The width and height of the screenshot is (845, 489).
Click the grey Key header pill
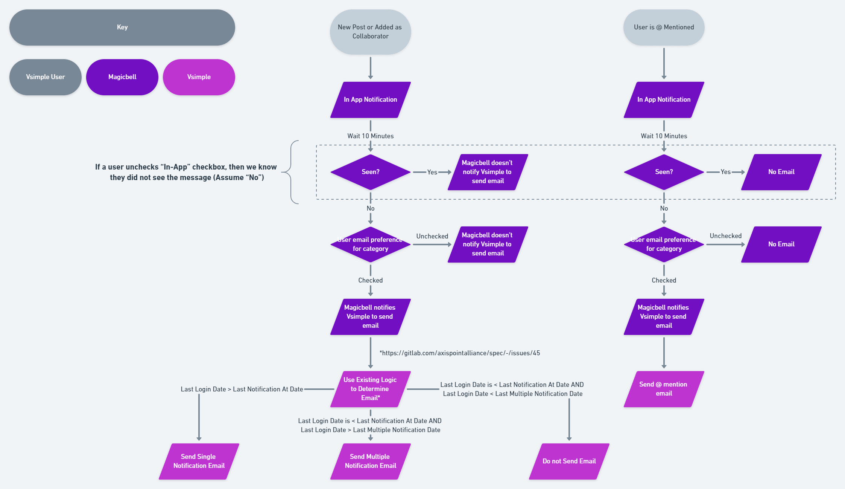click(122, 28)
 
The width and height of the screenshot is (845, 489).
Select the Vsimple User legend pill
click(45, 77)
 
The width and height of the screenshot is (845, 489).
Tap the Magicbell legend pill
click(122, 77)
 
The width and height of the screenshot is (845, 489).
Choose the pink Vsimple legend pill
click(199, 77)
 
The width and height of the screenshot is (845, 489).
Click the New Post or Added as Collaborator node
click(370, 32)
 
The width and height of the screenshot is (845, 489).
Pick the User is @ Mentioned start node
click(664, 28)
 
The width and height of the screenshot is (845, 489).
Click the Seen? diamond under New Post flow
click(370, 172)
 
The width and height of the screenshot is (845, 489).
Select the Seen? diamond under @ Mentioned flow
click(664, 172)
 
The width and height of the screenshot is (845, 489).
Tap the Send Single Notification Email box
click(199, 461)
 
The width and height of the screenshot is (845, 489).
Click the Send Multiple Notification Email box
click(370, 461)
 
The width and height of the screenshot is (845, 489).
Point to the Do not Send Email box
click(569, 461)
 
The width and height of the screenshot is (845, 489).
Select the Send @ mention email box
click(664, 389)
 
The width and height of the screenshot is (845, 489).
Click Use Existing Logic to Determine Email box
click(370, 389)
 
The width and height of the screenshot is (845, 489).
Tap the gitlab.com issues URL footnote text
click(460, 353)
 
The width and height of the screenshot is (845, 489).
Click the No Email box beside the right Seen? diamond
click(781, 172)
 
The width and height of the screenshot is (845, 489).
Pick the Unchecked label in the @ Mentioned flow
click(725, 236)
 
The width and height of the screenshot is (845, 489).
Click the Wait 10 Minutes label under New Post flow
click(370, 136)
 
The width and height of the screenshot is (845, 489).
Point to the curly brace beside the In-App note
click(291, 172)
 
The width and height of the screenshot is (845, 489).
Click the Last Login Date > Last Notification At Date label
click(242, 389)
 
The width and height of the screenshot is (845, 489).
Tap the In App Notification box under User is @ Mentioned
click(664, 99)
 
